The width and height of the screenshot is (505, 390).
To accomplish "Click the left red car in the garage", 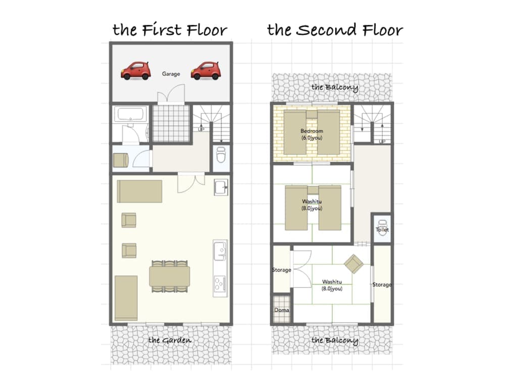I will (136, 71).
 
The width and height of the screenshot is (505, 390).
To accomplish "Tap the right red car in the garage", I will (206, 71).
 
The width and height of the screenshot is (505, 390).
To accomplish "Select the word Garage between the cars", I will (171, 74).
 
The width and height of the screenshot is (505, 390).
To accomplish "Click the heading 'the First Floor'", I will (170, 30).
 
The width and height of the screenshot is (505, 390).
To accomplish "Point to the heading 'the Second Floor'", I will (335, 30).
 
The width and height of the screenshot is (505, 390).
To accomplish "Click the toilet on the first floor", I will (221, 154).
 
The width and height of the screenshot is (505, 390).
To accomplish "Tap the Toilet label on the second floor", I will (382, 230).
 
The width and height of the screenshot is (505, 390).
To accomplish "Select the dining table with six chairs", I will (170, 276).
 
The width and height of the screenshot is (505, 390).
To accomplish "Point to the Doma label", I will (282, 310).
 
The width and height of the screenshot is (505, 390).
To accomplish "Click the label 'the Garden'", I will (170, 340).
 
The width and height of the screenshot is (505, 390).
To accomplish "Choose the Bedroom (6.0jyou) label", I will (312, 134).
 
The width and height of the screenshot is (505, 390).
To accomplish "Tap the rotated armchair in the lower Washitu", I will (354, 263).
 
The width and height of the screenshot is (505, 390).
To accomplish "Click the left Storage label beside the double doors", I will (281, 270).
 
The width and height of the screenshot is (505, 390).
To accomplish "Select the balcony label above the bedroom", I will (335, 87).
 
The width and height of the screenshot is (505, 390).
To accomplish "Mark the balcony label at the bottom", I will (335, 340).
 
